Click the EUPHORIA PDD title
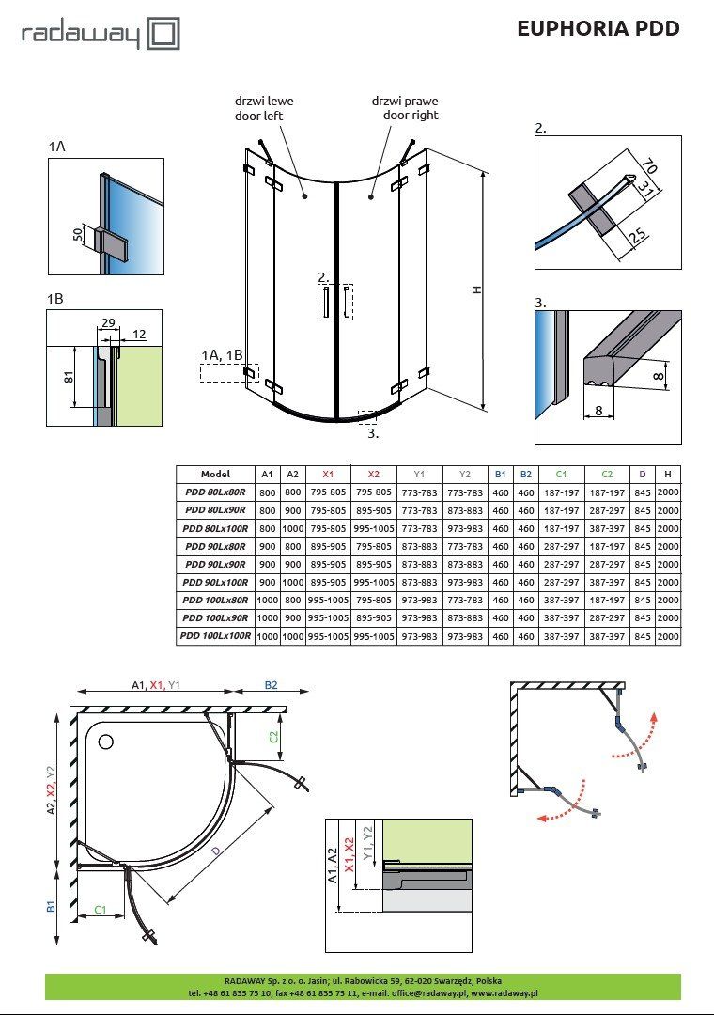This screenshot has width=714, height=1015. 598,28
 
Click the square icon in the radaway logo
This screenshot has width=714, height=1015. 163,35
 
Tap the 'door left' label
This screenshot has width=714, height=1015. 259,116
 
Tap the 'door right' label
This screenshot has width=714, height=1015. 411,116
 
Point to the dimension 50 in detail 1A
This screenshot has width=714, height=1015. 78,234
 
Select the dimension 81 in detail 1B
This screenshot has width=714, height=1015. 69,377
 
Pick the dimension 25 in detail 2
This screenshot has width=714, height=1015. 637,236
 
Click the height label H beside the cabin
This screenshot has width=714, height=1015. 477,290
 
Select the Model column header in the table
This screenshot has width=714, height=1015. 215,474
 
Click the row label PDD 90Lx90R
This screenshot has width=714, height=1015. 215,565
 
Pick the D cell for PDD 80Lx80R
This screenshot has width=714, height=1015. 643,492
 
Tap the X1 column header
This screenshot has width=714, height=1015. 328,475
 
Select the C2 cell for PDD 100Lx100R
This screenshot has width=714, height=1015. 607,637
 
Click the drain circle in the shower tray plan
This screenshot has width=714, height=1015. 105,742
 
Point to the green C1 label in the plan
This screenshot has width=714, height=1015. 101,910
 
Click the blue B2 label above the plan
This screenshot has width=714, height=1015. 271,685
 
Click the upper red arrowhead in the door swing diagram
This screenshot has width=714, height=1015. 655,717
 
